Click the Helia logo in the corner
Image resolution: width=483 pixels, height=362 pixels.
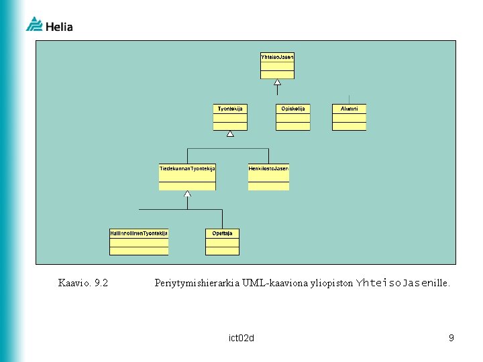click(x=49, y=25)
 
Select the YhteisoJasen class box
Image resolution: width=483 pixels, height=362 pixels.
click(x=277, y=66)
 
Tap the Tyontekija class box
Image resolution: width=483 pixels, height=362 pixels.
click(x=230, y=117)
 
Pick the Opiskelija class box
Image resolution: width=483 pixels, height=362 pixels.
click(x=293, y=117)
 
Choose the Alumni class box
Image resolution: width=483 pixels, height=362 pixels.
click(x=350, y=117)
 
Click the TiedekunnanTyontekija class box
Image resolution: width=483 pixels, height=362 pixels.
click(x=187, y=177)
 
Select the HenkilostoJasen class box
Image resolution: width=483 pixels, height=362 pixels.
click(x=268, y=177)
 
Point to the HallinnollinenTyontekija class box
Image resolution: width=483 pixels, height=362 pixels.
click(x=139, y=242)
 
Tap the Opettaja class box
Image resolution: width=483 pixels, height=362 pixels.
click(x=222, y=242)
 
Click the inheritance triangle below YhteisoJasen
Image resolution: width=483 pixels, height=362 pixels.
click(x=277, y=82)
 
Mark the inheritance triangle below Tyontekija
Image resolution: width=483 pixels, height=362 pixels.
click(x=230, y=134)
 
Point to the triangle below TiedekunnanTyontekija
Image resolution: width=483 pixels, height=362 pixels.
click(x=188, y=194)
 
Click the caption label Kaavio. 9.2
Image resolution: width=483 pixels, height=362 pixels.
click(x=83, y=283)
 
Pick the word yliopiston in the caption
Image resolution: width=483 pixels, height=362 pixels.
click(x=331, y=283)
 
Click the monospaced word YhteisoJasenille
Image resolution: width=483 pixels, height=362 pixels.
click(x=403, y=283)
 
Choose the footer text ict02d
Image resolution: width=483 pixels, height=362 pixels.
click(x=241, y=338)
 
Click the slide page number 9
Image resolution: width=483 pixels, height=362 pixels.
click(x=451, y=338)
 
